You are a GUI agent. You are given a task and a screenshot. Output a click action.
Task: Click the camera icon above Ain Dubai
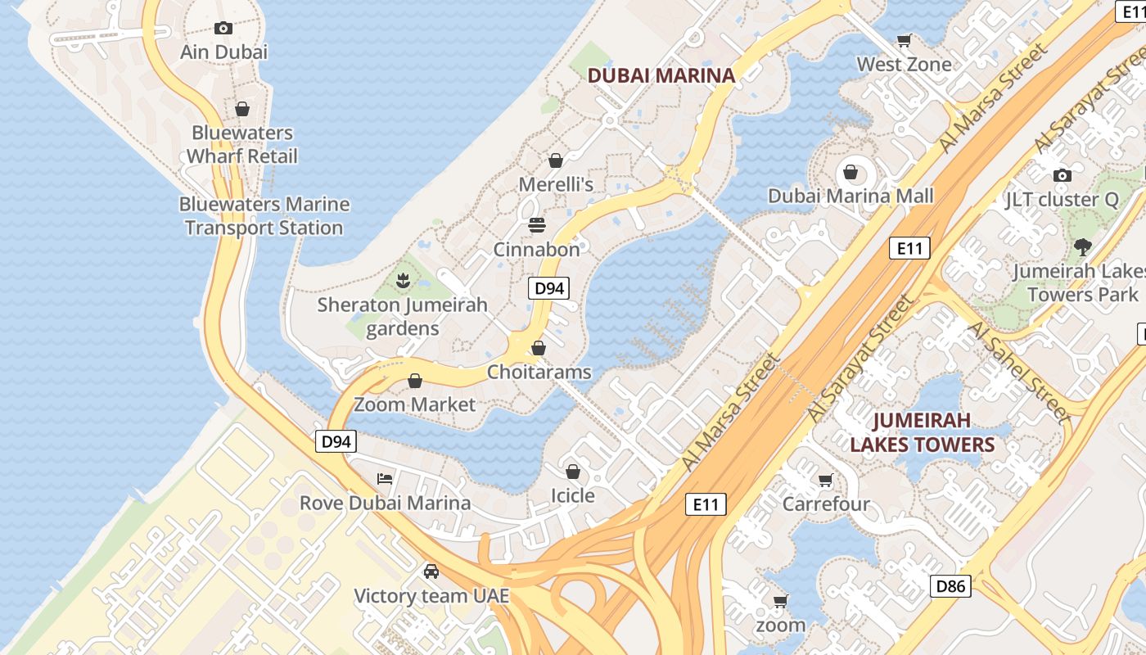pos(223,28)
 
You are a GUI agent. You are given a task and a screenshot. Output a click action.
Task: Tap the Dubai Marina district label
pos(661,75)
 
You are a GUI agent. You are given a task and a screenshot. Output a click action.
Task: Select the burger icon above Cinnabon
pos(537,224)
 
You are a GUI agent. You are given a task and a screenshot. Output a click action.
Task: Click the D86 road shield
pos(950,585)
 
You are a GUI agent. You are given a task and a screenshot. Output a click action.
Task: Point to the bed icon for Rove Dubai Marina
pos(385,478)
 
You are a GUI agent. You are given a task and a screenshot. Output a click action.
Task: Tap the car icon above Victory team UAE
pos(431,571)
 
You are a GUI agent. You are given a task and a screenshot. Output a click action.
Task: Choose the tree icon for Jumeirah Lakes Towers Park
pos(1082,246)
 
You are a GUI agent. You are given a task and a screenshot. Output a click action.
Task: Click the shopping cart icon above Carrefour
pos(826,480)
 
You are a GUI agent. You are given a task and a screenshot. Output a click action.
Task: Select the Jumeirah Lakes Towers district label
pos(922,432)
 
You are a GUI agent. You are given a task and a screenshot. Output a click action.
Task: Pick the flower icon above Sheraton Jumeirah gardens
pos(402,281)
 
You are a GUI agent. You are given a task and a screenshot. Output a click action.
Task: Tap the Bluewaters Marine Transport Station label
pos(264,216)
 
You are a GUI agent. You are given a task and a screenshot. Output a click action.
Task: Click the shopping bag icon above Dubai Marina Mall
pos(850,172)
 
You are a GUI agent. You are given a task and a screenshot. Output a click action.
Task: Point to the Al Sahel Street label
pos(1019,373)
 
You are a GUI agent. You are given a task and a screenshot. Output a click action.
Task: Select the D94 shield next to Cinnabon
pos(548,288)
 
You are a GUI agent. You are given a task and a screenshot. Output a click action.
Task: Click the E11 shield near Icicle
pos(706,504)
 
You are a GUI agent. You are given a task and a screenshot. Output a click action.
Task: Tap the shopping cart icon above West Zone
pos(905,40)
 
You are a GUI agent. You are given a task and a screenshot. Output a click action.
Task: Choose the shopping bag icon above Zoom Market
pos(415,381)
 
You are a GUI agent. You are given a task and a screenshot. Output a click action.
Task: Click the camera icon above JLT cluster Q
pos(1062,175)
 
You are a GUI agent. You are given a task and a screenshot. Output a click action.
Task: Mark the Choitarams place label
pos(539,372)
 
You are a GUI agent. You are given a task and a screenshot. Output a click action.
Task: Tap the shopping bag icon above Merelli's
pos(556,160)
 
